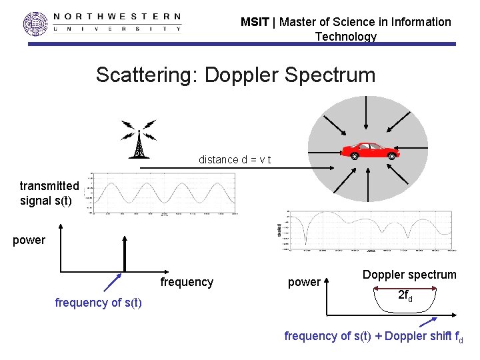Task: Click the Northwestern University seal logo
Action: (36, 24)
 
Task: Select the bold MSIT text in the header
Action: (255, 22)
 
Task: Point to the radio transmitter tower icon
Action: (139, 139)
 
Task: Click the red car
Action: (370, 150)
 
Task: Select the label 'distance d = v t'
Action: (235, 160)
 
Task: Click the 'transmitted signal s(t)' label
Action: (49, 193)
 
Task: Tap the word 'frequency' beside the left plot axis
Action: (187, 282)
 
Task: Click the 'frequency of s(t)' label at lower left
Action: (98, 303)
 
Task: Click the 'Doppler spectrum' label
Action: (409, 275)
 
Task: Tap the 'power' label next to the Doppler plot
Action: (304, 282)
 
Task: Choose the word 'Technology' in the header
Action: (345, 37)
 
